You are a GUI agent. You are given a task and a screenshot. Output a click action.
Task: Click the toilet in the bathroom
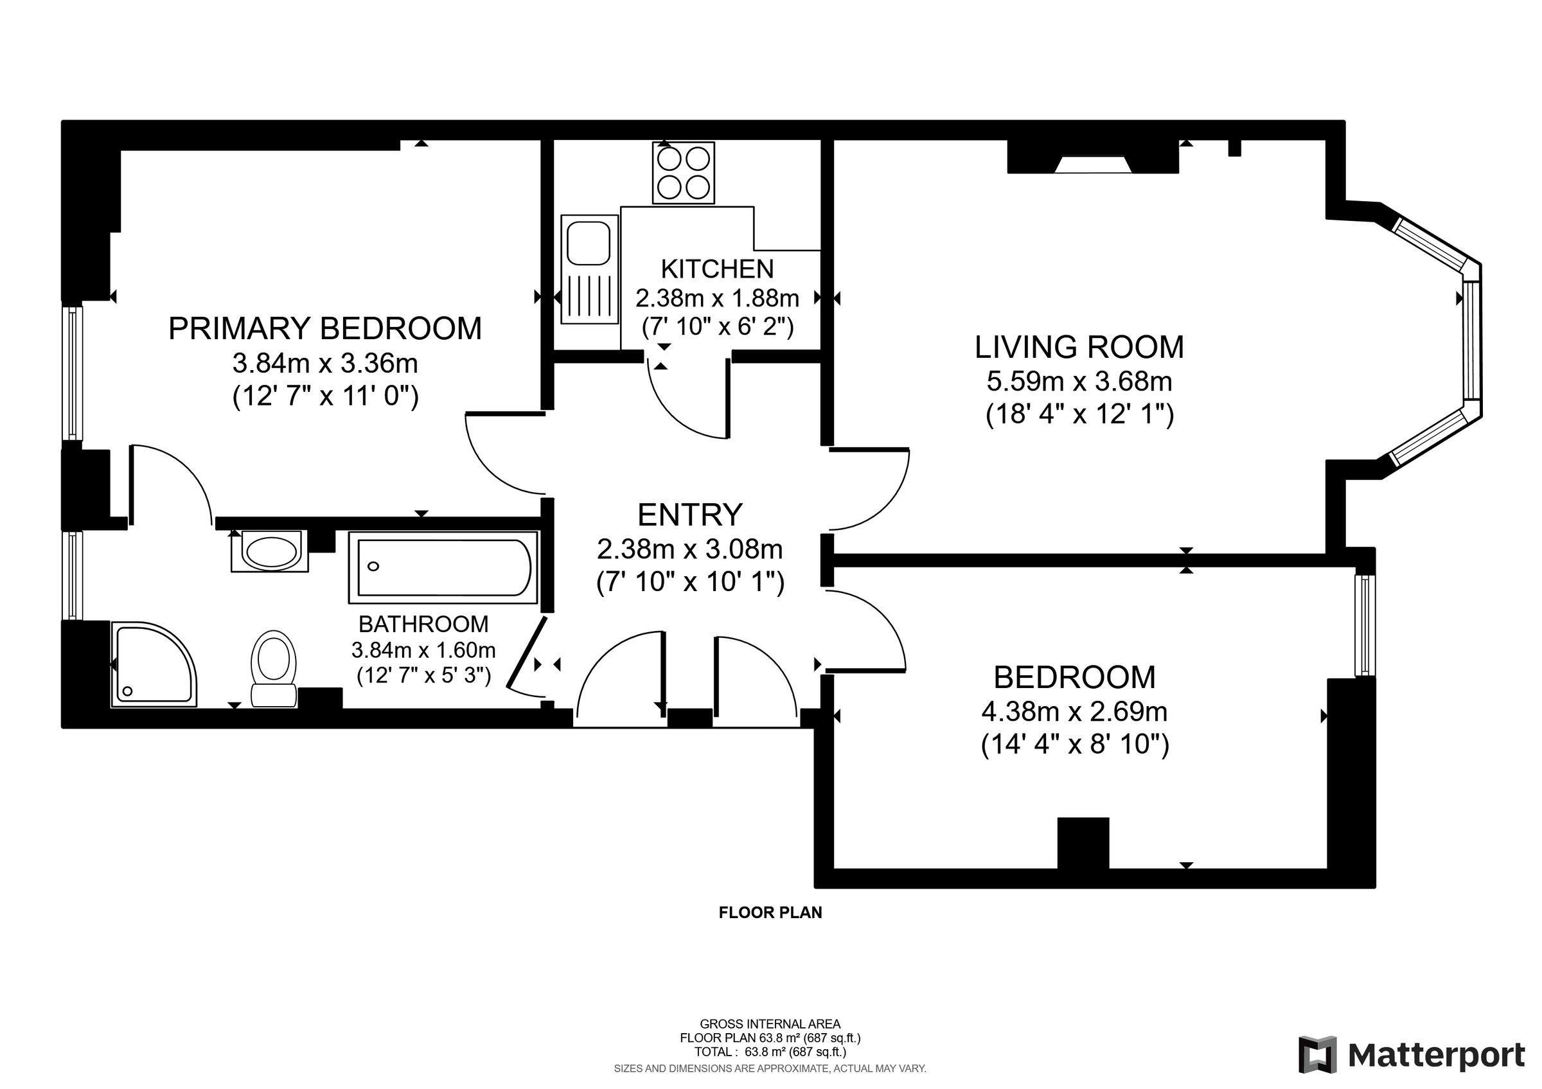pyautogui.click(x=273, y=668)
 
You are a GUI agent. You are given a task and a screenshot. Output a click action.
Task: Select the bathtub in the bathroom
pyautogui.click(x=443, y=567)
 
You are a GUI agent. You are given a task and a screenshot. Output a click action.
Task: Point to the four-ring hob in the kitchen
pyautogui.click(x=683, y=173)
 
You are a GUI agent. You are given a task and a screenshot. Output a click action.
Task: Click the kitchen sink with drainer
pyautogui.click(x=589, y=269)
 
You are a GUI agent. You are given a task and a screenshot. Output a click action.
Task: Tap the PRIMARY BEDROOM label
pyautogui.click(x=325, y=329)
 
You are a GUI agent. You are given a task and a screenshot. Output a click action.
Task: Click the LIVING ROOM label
pyautogui.click(x=1079, y=347)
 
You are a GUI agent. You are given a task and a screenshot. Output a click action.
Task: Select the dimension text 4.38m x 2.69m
pyautogui.click(x=1074, y=712)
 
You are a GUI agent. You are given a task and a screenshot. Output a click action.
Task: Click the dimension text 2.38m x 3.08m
pyautogui.click(x=690, y=550)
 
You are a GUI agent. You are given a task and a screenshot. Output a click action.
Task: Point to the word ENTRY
pyautogui.click(x=690, y=515)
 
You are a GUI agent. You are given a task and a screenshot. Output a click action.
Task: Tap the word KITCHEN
pyautogui.click(x=717, y=269)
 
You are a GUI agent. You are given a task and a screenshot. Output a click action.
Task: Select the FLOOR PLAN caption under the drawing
pyautogui.click(x=770, y=912)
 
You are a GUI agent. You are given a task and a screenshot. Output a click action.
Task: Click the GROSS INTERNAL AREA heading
pyautogui.click(x=770, y=1024)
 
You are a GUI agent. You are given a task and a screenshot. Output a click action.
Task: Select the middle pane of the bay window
pyautogui.click(x=1471, y=341)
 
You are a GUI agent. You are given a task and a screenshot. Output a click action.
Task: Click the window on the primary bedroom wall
pyautogui.click(x=73, y=373)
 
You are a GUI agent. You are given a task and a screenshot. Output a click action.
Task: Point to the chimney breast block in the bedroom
pyautogui.click(x=1083, y=842)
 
